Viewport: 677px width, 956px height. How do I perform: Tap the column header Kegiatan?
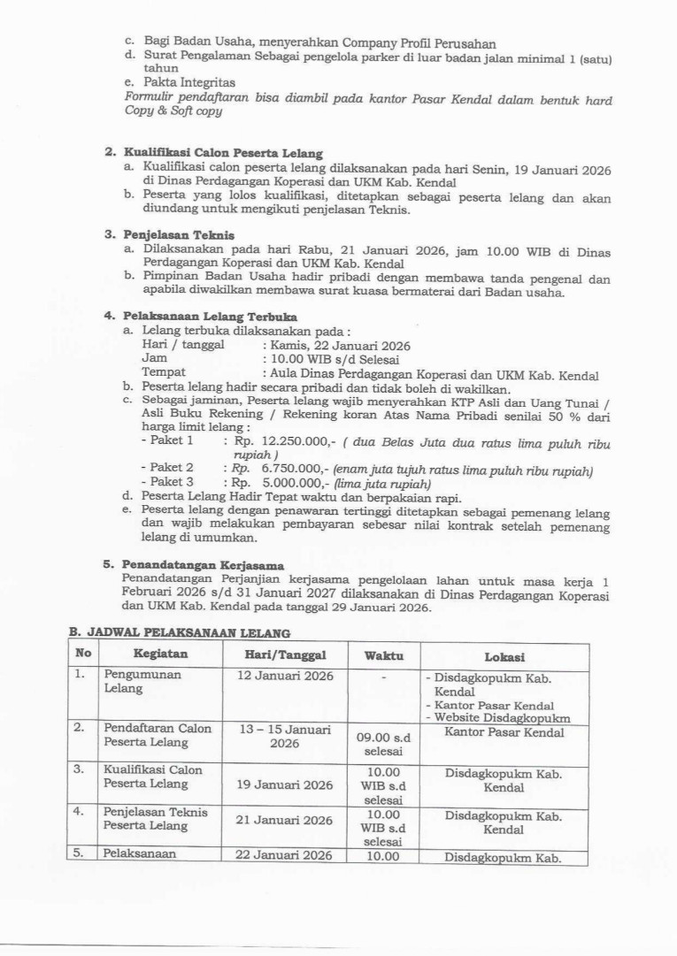click(158, 656)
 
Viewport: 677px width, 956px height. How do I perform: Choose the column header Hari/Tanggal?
click(286, 656)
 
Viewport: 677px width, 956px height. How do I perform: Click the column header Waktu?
click(383, 656)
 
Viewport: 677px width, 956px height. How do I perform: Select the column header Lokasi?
click(504, 657)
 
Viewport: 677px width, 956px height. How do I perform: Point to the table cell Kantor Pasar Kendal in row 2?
click(504, 732)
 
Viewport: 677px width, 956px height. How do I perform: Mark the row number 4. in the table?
click(79, 811)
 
